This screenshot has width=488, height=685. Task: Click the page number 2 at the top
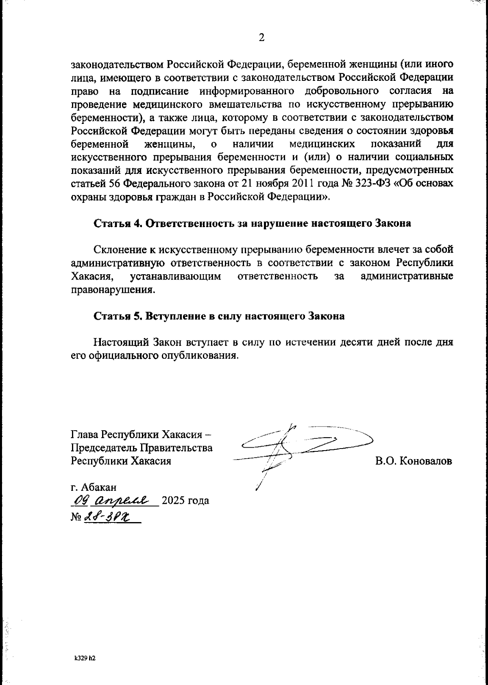pos(261,38)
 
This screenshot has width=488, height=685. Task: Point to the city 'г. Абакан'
pos(94,487)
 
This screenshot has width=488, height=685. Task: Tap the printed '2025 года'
pos(185,501)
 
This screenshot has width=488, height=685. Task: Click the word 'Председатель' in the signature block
pos(104,448)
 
